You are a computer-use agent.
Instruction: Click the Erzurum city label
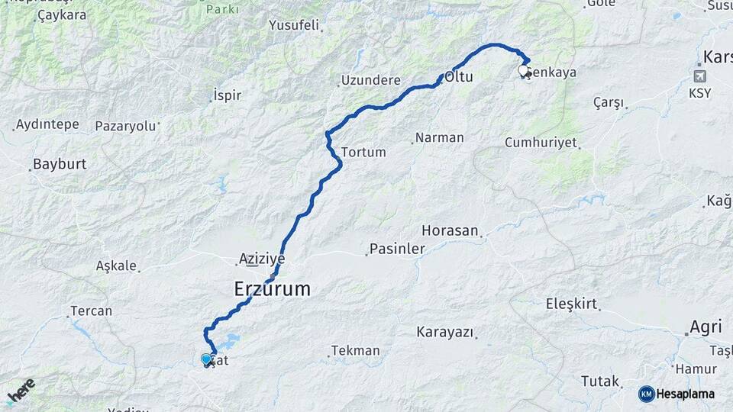click(272, 289)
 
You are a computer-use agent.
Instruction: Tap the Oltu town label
click(460, 77)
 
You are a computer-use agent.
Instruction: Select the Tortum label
click(363, 152)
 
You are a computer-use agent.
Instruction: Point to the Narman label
click(440, 138)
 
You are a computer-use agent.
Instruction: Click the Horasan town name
click(450, 230)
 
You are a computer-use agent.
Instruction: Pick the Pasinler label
click(397, 249)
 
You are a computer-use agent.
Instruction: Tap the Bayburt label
click(59, 164)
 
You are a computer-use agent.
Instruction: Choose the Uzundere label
click(370, 80)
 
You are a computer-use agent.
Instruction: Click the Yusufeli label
click(294, 25)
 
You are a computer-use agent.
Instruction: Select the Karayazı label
click(445, 332)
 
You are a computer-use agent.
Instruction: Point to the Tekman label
click(356, 350)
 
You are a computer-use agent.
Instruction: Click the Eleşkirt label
click(571, 304)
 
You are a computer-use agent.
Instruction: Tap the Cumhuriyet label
click(541, 143)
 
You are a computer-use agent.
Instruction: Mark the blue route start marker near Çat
click(206, 359)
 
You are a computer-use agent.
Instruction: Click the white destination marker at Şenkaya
click(523, 71)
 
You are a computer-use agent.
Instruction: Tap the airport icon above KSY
click(699, 76)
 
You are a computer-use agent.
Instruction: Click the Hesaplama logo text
click(685, 394)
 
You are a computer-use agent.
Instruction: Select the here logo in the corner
click(21, 391)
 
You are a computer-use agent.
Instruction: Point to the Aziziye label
click(262, 259)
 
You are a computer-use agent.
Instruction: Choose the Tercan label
click(91, 311)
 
